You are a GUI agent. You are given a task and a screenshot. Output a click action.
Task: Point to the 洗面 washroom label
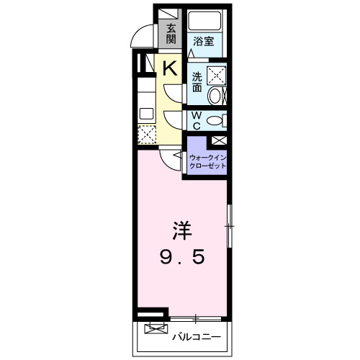point(197,81)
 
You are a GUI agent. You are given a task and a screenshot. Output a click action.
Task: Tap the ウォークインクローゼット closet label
point(207,161)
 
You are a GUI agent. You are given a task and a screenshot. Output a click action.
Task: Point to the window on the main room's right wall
point(230,227)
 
